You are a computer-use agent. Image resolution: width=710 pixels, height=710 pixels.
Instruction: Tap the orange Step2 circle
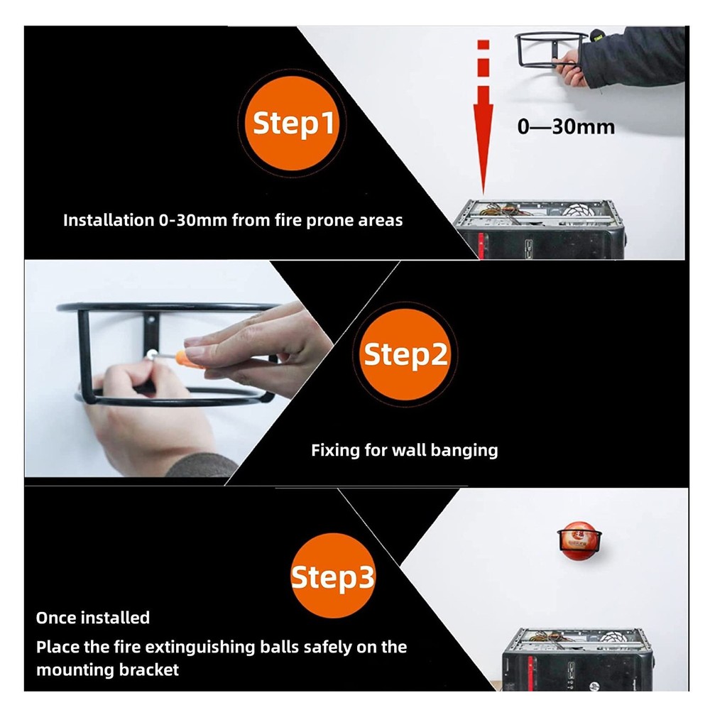pos(405,354)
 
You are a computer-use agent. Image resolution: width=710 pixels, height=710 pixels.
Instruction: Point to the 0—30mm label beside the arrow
pos(565,127)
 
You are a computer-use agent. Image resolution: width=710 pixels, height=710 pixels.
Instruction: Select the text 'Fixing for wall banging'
pos(404,449)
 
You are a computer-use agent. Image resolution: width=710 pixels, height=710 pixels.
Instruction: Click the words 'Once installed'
pos(93,618)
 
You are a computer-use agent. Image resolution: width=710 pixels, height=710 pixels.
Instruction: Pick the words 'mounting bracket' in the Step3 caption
pos(108,669)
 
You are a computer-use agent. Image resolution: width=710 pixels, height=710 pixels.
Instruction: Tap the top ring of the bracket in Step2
pos(170,306)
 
